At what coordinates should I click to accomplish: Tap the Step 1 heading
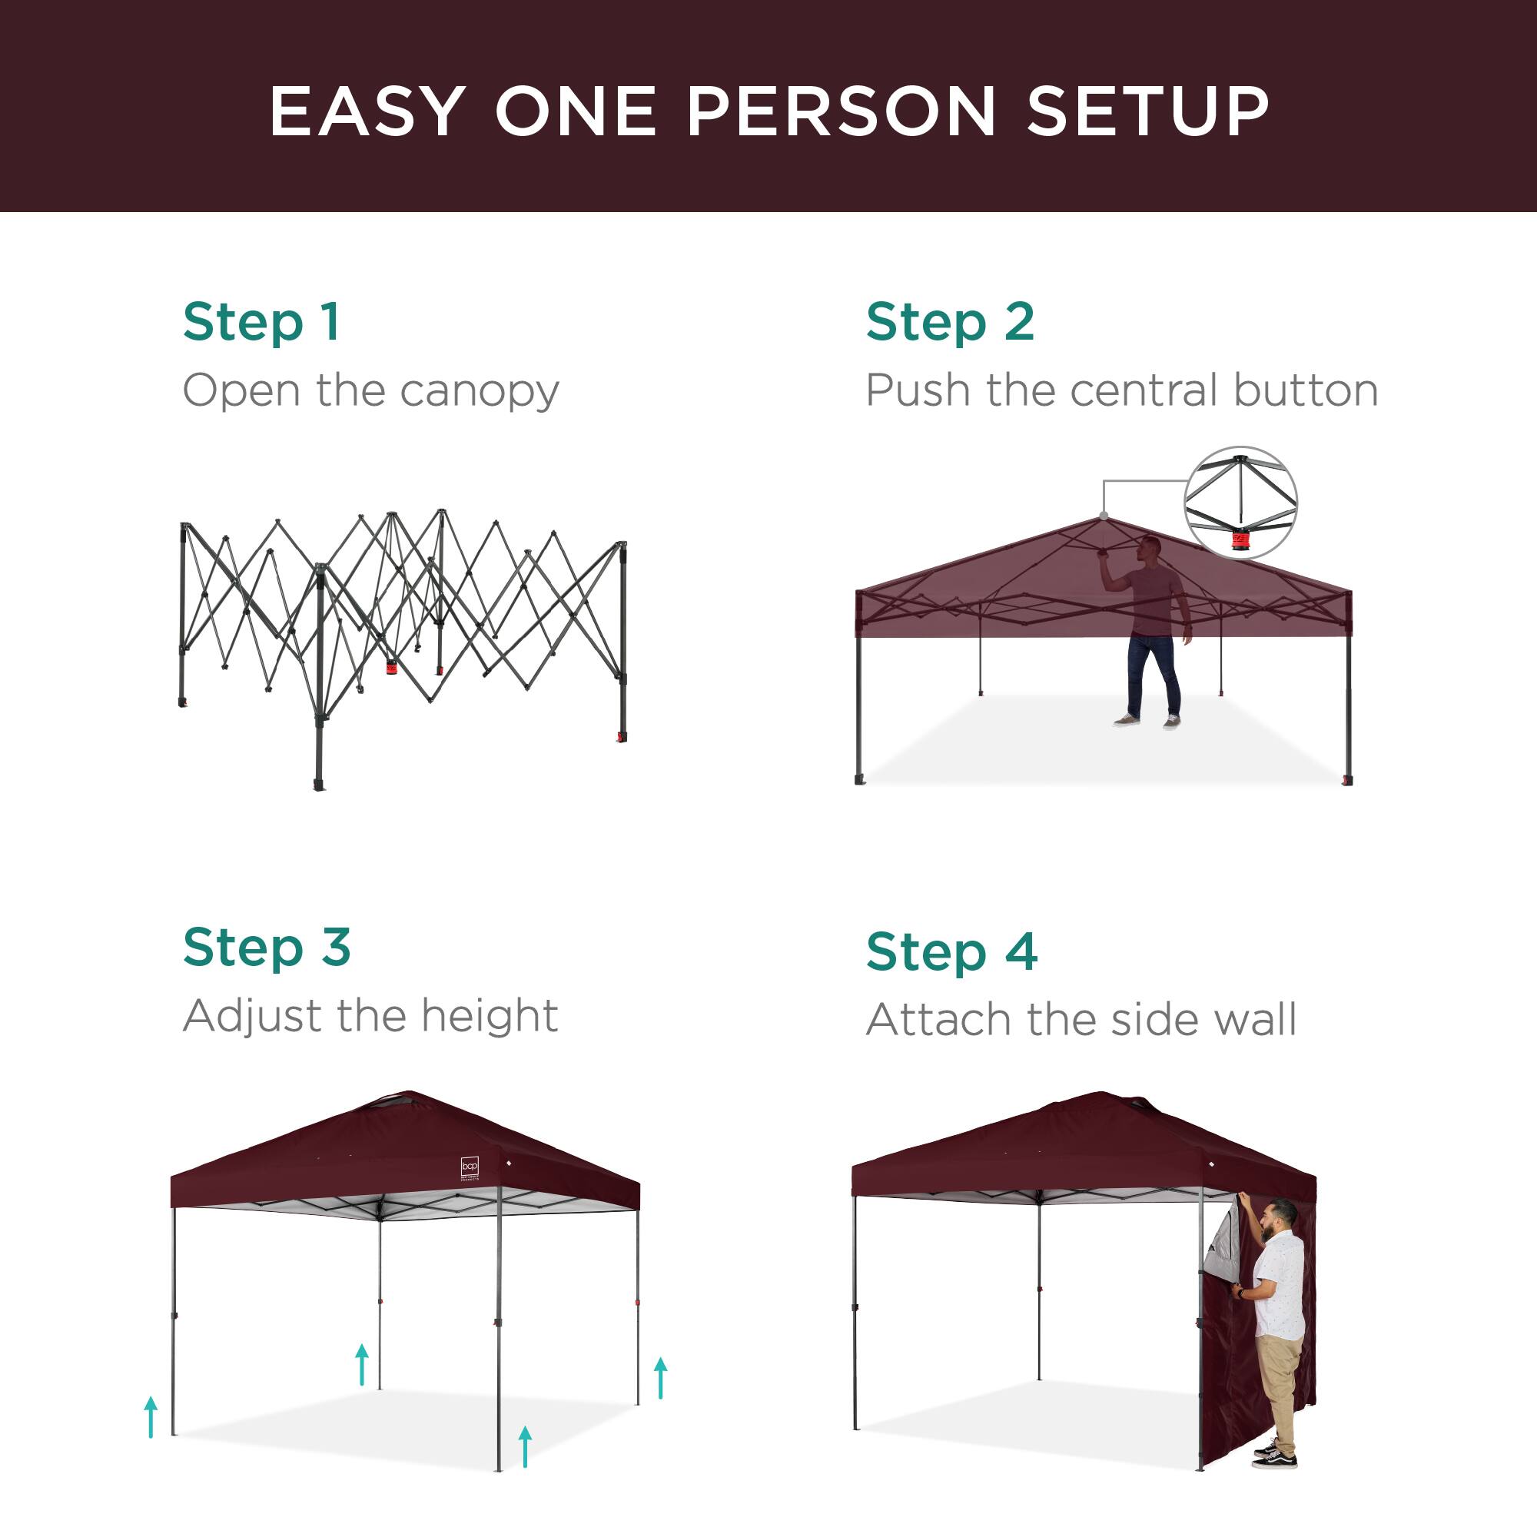[x=262, y=322]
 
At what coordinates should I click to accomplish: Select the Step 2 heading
[x=950, y=322]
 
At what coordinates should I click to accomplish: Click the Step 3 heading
[x=267, y=948]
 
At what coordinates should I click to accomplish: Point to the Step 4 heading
[x=951, y=951]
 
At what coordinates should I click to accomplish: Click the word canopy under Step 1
[x=479, y=391]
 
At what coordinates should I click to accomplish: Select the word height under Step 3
[x=489, y=1016]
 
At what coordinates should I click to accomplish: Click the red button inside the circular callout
[x=1240, y=541]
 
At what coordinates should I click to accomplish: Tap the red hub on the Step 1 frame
[x=390, y=666]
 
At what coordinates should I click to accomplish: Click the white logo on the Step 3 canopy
[x=470, y=1167]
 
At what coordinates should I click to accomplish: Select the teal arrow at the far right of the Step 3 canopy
[x=660, y=1379]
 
